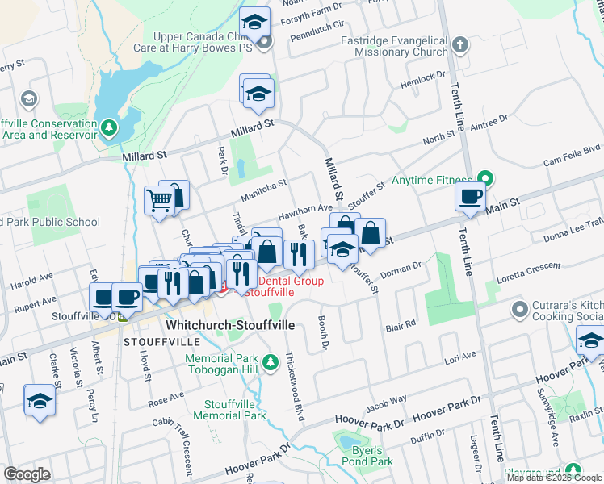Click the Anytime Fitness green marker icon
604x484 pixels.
484,177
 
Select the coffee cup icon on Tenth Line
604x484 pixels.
469,196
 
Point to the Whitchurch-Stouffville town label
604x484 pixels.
230,325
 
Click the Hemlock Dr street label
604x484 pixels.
422,77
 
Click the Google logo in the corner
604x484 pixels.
27,474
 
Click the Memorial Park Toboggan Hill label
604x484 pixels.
221,365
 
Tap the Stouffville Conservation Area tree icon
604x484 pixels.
107,127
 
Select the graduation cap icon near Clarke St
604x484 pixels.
39,400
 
